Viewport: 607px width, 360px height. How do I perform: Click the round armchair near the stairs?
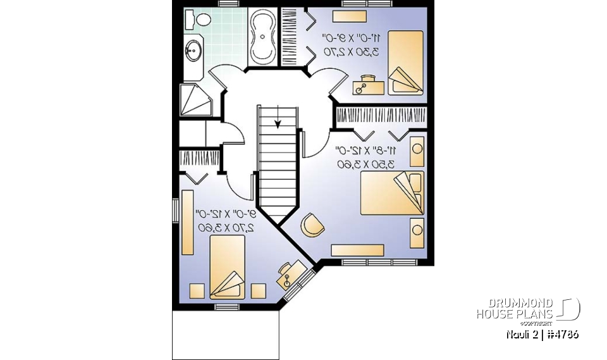tap(311, 225)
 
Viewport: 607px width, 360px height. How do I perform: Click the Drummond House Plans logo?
tap(527, 309)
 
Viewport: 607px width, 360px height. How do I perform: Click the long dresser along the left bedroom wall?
tap(188, 221)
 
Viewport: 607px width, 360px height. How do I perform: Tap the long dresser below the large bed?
tap(358, 251)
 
